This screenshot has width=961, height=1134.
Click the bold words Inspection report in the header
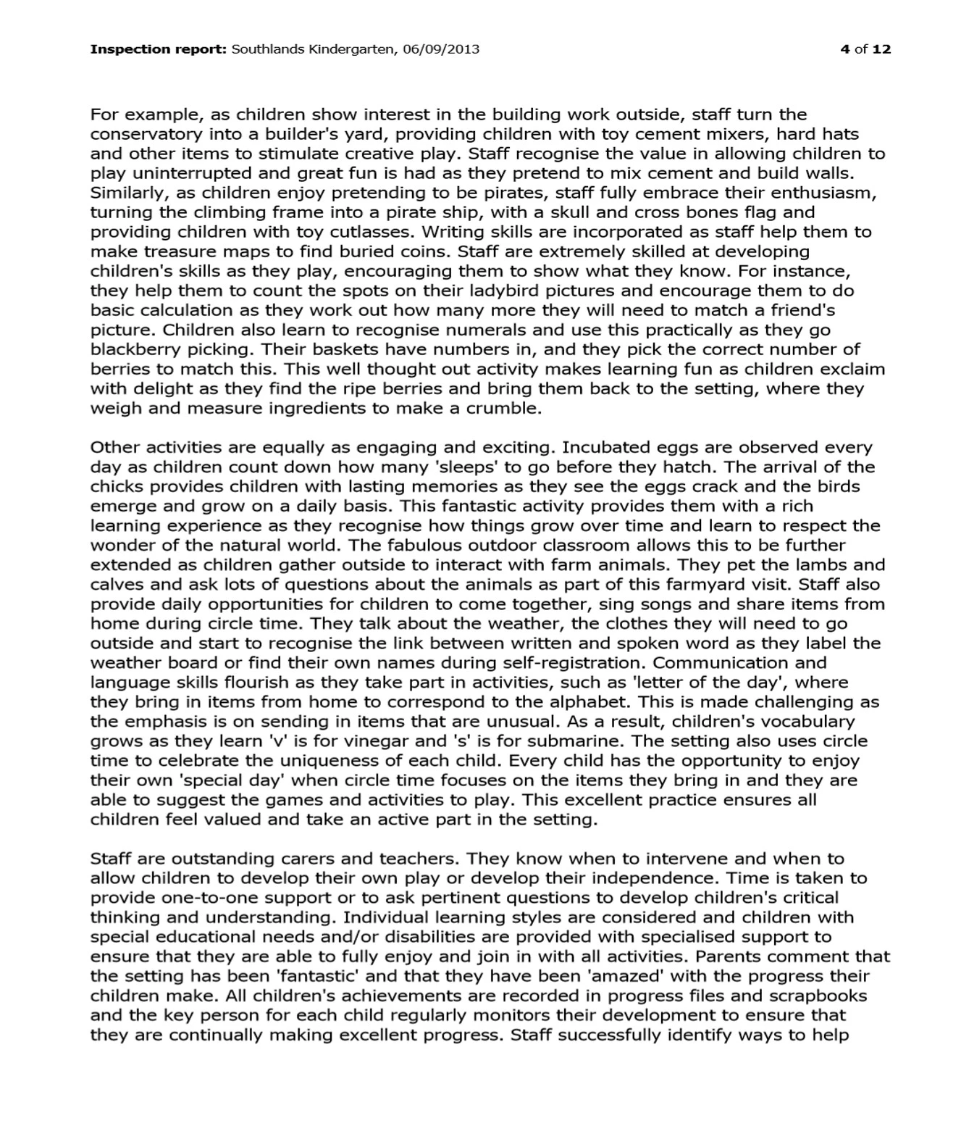[x=158, y=49]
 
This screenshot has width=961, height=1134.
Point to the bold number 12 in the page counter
[x=881, y=49]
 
